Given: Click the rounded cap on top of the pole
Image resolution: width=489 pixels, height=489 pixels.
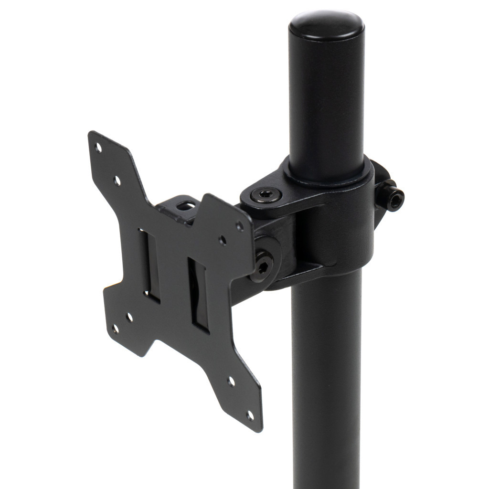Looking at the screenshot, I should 326,25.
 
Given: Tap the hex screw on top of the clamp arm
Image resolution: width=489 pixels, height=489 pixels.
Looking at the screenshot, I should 266,194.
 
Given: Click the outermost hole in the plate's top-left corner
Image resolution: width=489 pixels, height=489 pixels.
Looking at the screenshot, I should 98,148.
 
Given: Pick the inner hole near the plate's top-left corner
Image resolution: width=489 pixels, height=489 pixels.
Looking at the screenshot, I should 117,181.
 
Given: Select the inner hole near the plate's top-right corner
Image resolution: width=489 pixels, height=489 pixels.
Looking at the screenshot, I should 223,240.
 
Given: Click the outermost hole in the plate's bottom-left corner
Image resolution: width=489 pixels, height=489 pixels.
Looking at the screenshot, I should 115,329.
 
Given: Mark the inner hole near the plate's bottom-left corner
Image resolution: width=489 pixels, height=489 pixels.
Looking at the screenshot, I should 129,316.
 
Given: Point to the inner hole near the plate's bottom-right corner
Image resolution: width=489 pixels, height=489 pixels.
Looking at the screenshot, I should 231,382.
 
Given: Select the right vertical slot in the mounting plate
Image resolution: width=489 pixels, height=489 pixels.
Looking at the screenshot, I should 199,295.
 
